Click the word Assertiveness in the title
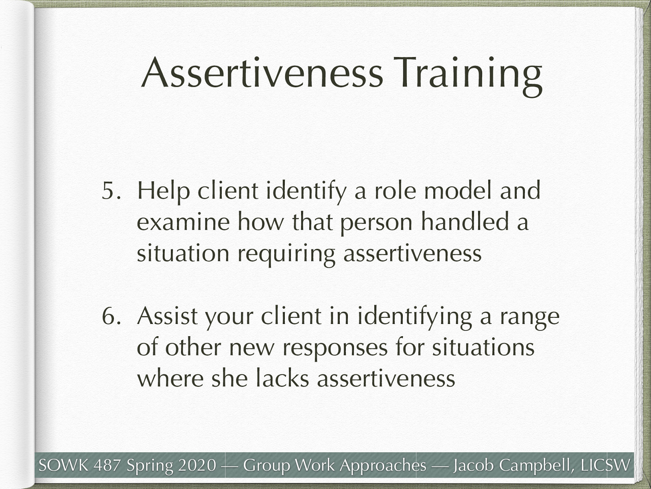(x=262, y=73)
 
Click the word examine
(x=183, y=222)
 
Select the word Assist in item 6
(x=167, y=316)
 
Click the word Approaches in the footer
(x=383, y=465)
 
